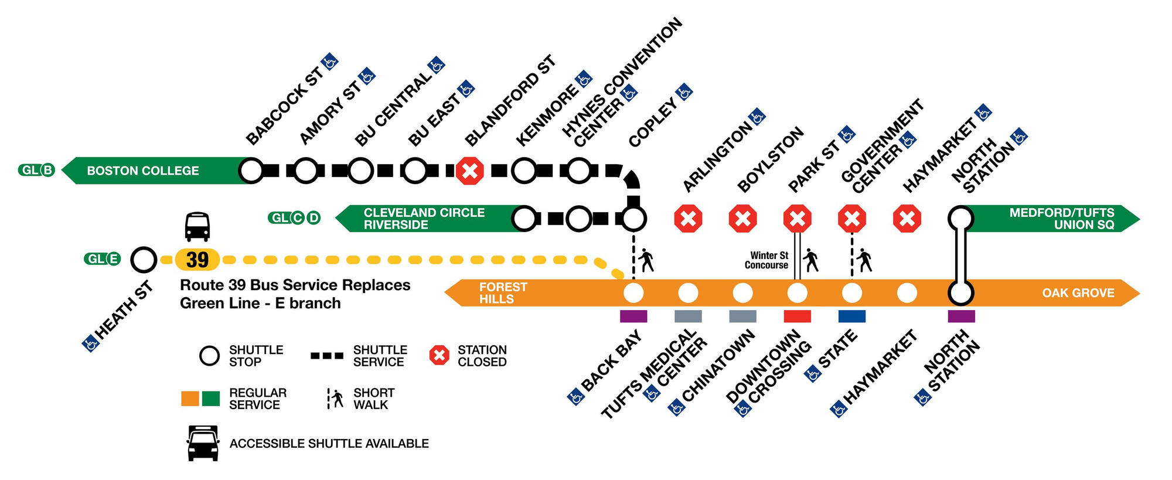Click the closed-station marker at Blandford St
(x=469, y=171)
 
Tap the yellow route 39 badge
(x=197, y=260)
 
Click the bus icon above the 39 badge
(x=197, y=227)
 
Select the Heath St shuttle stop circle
(x=144, y=260)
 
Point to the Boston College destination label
(x=143, y=171)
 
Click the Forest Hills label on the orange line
(x=503, y=292)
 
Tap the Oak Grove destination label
(x=1078, y=292)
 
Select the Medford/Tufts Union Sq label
(x=1061, y=219)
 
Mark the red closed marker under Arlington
(x=688, y=219)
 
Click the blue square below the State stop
(x=852, y=316)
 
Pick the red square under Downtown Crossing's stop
(x=797, y=316)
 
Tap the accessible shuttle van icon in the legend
(x=203, y=444)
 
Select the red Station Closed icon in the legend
(x=439, y=355)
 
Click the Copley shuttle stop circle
(x=633, y=219)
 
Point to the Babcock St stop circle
(x=251, y=171)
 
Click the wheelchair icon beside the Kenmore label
(x=583, y=79)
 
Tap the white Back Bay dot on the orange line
(x=633, y=292)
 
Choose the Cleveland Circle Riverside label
(x=424, y=219)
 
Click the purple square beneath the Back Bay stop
(x=633, y=316)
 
